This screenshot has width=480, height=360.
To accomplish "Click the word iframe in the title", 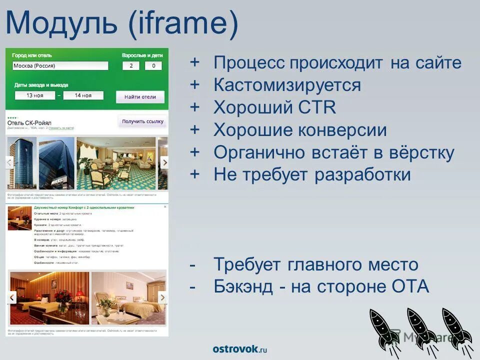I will point(182,25).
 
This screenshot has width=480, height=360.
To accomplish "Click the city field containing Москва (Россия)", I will point(59,65).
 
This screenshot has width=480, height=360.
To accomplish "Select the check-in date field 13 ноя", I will point(34,95).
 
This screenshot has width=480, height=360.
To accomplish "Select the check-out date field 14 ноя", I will point(83,95).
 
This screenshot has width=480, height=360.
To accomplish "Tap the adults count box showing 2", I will point(131,65).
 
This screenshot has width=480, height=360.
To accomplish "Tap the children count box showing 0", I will point(153,65).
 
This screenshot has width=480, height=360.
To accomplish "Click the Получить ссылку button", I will point(143,121).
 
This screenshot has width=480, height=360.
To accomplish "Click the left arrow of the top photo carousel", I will point(9,162).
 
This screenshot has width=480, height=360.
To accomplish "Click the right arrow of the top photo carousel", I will point(163,162).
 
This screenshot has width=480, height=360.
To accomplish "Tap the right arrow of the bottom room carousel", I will point(162,297).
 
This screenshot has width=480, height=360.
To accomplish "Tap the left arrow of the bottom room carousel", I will point(11,297).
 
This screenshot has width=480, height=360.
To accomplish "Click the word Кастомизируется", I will point(287,85).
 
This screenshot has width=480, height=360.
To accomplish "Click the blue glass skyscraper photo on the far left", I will point(21,163).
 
